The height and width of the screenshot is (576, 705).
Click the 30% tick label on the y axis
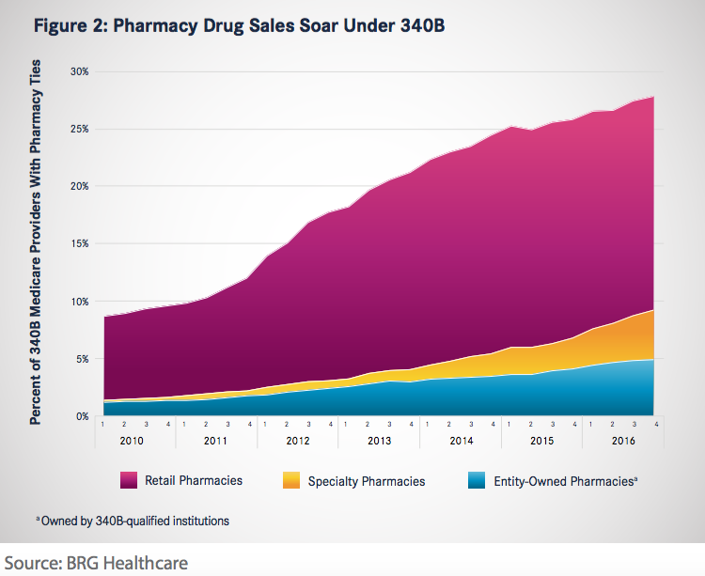[80, 71]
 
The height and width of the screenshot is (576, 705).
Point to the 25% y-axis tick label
[80, 129]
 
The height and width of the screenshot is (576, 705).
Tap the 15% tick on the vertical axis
[80, 243]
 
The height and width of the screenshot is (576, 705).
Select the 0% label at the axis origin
[83, 415]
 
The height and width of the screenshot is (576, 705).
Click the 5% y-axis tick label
[83, 358]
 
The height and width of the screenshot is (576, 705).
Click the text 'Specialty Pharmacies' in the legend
[379, 481]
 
